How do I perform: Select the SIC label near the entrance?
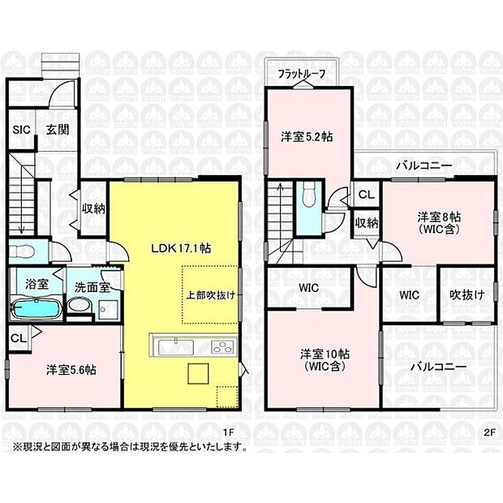click(21, 128)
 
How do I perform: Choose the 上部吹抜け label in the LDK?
click(208, 295)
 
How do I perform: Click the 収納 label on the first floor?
click(92, 208)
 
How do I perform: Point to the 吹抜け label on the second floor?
click(467, 294)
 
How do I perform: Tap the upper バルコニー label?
click(423, 166)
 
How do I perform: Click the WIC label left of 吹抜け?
click(409, 294)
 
